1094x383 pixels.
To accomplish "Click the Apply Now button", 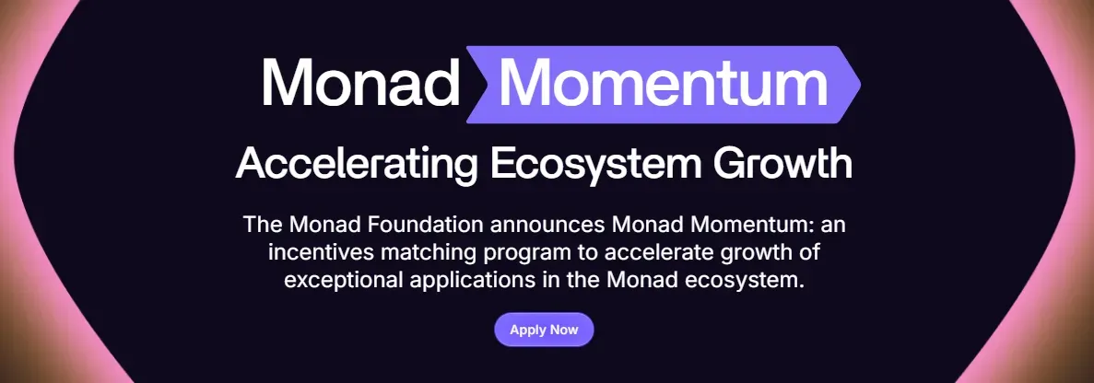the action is [544, 330].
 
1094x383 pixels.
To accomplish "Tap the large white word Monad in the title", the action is [360, 83].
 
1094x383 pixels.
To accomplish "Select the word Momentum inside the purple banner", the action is [663, 83].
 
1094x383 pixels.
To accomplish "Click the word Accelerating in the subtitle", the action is [357, 165].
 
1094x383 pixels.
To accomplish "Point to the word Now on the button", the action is [564, 330].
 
